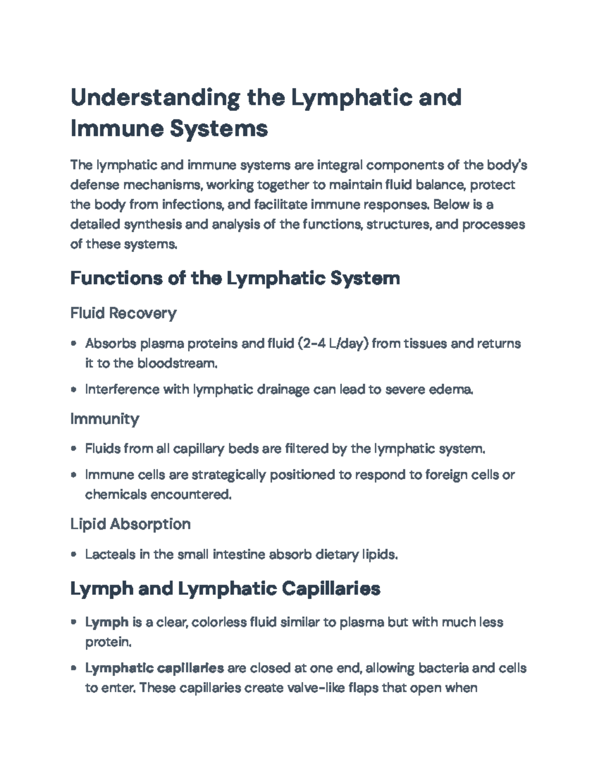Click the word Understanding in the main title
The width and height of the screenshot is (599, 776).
click(155, 97)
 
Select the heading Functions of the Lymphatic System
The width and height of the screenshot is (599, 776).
click(235, 278)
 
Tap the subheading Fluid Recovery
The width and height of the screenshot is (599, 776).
click(123, 313)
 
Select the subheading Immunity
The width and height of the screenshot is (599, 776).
click(104, 418)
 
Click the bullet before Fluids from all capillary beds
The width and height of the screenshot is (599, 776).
click(74, 449)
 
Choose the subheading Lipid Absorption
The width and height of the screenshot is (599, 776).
click(130, 524)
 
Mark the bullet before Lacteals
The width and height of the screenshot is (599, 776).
click(74, 554)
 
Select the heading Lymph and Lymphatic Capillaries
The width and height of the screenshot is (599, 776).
click(225, 589)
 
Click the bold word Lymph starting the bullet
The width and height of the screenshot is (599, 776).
click(107, 623)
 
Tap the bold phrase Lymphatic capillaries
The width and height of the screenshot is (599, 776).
click(154, 668)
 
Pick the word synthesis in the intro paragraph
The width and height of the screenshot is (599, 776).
click(153, 224)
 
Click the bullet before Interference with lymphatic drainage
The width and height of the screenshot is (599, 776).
click(74, 389)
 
